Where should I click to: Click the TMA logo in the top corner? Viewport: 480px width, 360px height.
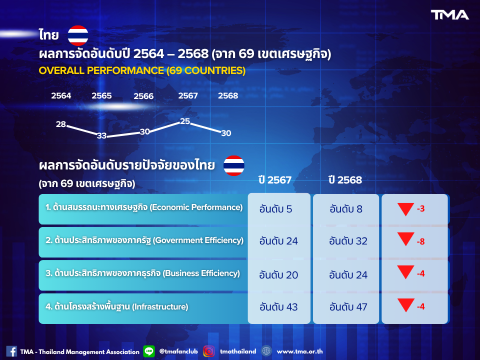click(x=450, y=15)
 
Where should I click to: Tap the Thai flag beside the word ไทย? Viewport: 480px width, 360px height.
click(x=78, y=35)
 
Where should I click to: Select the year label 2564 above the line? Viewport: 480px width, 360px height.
click(x=61, y=95)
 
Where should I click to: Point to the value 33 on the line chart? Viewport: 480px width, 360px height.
click(x=101, y=135)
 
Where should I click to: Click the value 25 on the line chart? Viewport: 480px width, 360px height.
click(x=185, y=121)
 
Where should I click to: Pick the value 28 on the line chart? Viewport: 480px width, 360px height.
click(x=61, y=124)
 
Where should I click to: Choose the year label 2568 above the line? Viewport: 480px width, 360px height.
click(x=228, y=95)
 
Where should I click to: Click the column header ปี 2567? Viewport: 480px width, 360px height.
click(x=275, y=180)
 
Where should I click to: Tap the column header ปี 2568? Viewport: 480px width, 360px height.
click(x=345, y=180)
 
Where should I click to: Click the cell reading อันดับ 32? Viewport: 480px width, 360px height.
click(x=348, y=241)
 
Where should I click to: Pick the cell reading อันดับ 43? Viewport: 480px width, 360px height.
click(x=278, y=306)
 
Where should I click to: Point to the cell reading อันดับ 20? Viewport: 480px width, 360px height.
click(x=278, y=274)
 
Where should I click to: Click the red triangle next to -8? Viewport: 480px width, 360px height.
click(x=405, y=239)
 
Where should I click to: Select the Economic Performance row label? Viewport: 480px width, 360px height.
click(x=144, y=207)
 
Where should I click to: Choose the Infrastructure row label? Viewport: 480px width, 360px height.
click(x=117, y=306)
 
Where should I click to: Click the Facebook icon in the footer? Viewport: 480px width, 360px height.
click(x=11, y=351)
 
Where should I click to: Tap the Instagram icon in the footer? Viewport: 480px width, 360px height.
click(x=209, y=351)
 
